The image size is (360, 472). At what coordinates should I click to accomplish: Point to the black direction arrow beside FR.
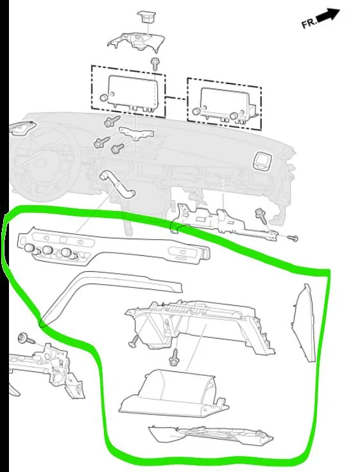tap(329, 15)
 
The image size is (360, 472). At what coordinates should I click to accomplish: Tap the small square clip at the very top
tap(147, 17)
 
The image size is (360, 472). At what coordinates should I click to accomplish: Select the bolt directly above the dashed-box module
tap(155, 63)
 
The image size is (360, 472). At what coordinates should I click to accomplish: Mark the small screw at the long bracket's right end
tap(293, 239)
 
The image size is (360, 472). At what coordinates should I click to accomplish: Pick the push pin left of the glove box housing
tap(135, 341)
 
